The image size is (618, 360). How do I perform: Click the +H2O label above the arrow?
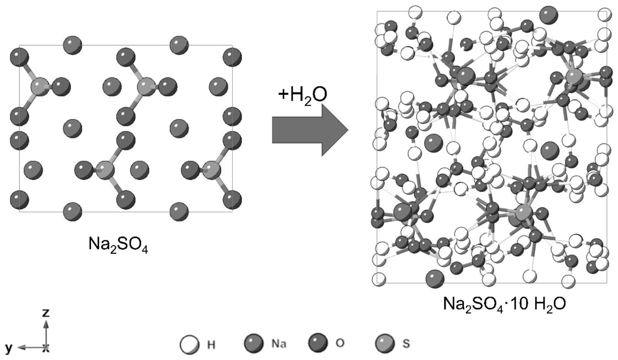pyautogui.click(x=303, y=95)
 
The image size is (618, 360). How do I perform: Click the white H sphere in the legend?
pyautogui.click(x=189, y=344)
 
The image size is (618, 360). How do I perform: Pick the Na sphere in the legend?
pyautogui.click(x=254, y=343)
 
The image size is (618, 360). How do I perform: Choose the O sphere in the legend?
pyautogui.click(x=318, y=343)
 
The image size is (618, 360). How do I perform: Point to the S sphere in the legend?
pyautogui.click(x=384, y=343)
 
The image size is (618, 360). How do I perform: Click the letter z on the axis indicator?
pyautogui.click(x=46, y=313)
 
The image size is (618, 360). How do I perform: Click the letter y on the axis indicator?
pyautogui.click(x=9, y=347)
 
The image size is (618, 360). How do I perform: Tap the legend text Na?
pyautogui.click(x=279, y=344)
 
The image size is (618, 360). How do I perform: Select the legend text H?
pyautogui.click(x=211, y=344)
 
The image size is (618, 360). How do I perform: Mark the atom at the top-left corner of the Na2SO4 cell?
pyautogui.click(x=19, y=57)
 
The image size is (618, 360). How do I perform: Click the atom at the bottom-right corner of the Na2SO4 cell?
pyautogui.click(x=232, y=199)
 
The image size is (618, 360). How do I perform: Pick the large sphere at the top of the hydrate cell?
pyautogui.click(x=548, y=16)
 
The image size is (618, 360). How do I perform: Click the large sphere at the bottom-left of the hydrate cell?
pyautogui.click(x=435, y=278)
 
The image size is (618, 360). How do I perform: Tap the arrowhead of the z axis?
pyautogui.click(x=46, y=324)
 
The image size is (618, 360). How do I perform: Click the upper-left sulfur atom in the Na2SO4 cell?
pyautogui.click(x=40, y=87)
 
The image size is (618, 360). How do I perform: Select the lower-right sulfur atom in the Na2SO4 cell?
pyautogui.click(x=212, y=170)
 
